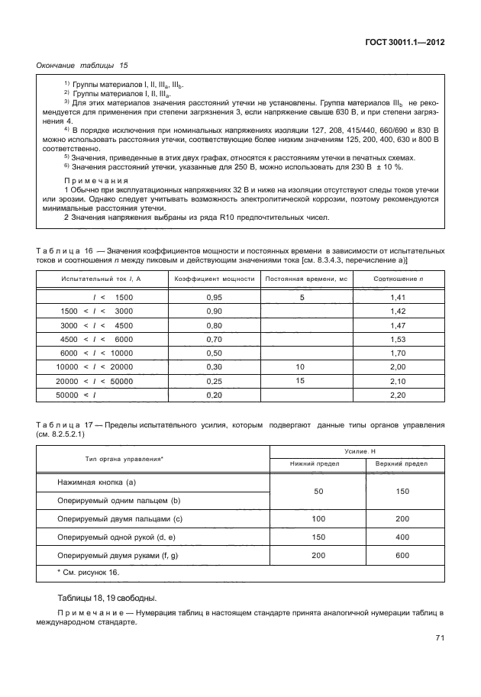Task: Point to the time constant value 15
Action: (300, 380)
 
